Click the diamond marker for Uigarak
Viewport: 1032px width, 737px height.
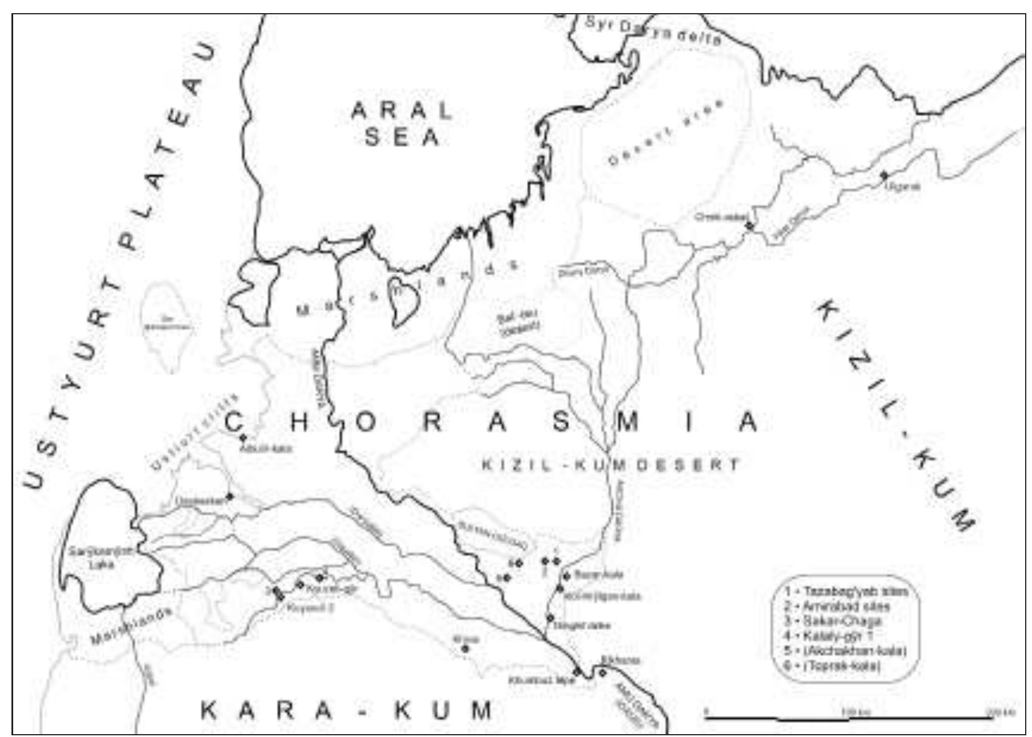click(x=884, y=175)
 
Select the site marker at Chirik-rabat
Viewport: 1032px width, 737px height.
click(x=749, y=226)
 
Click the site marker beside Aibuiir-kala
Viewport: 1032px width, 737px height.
click(x=243, y=438)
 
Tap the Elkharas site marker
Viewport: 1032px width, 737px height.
click(x=602, y=672)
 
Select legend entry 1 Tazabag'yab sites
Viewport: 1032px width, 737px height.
click(x=847, y=591)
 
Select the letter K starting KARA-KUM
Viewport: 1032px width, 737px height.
click(x=209, y=711)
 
